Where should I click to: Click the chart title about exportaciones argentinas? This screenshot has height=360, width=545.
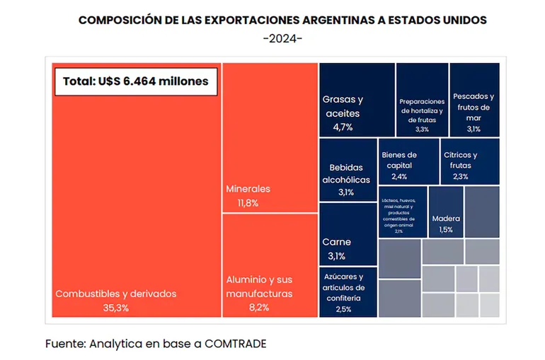tap(282, 20)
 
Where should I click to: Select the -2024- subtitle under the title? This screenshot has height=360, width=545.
tap(282, 37)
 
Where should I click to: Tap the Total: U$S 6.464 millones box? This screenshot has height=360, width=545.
tap(136, 81)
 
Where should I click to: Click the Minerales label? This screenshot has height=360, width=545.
tap(248, 190)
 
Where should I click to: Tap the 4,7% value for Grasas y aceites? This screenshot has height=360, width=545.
tap(343, 127)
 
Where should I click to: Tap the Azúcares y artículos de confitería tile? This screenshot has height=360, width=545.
tap(347, 291)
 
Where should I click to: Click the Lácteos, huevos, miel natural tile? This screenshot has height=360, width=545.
tap(402, 212)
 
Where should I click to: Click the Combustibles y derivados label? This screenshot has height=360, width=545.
tap(115, 294)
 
